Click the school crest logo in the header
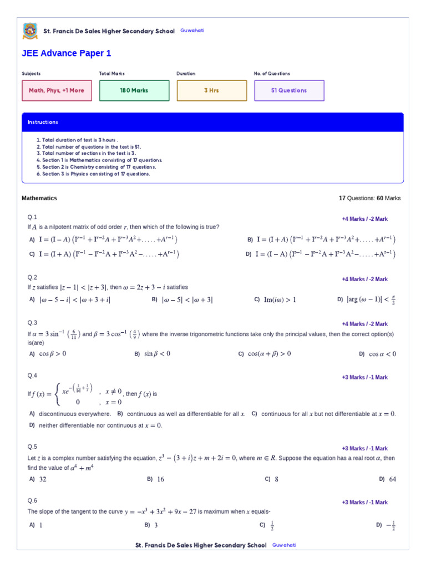(30, 31)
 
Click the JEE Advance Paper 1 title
(66, 54)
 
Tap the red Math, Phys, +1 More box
(57, 90)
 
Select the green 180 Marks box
(134, 90)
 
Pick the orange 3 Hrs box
(211, 90)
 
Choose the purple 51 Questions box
(289, 90)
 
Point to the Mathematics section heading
(39, 198)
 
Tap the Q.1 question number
(32, 217)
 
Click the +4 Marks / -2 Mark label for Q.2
(364, 280)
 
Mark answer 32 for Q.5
(39, 479)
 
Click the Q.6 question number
(32, 500)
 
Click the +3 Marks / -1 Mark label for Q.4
(364, 378)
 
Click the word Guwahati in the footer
(284, 545)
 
